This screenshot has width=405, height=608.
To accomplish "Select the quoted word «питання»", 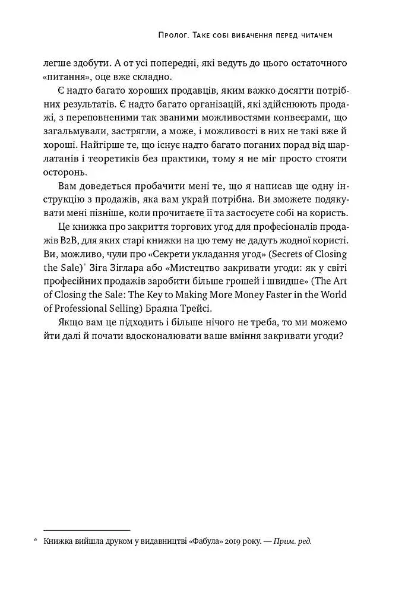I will [65, 77].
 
